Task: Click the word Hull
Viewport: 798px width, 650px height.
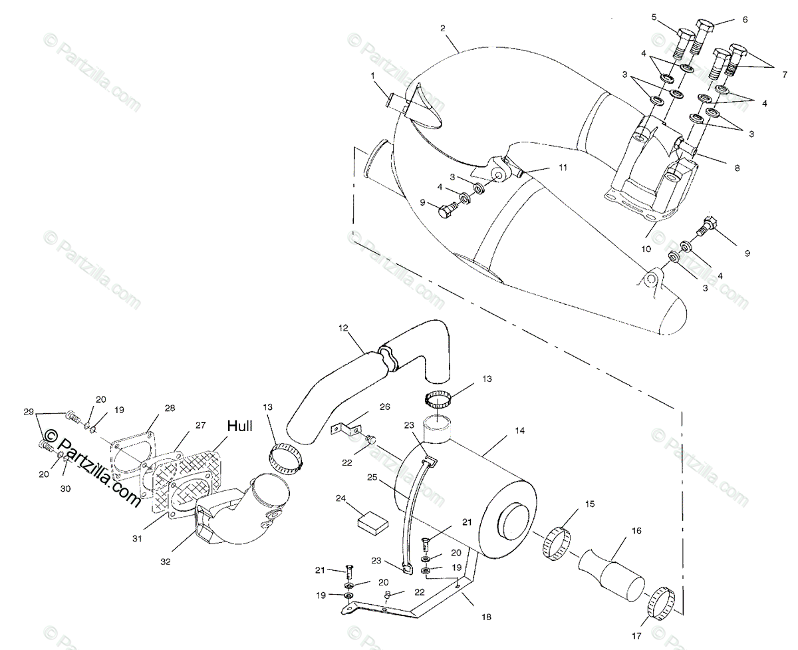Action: (x=239, y=426)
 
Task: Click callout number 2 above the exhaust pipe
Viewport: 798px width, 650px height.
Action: (x=442, y=28)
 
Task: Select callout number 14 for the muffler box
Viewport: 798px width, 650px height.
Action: (x=519, y=430)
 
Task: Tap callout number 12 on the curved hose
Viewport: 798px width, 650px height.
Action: (x=343, y=328)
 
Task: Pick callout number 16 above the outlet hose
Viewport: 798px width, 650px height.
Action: (x=636, y=531)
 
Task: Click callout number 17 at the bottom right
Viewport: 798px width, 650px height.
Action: (x=636, y=636)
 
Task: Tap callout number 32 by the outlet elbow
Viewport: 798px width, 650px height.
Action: (x=166, y=562)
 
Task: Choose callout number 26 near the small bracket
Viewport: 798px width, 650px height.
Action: (x=385, y=406)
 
